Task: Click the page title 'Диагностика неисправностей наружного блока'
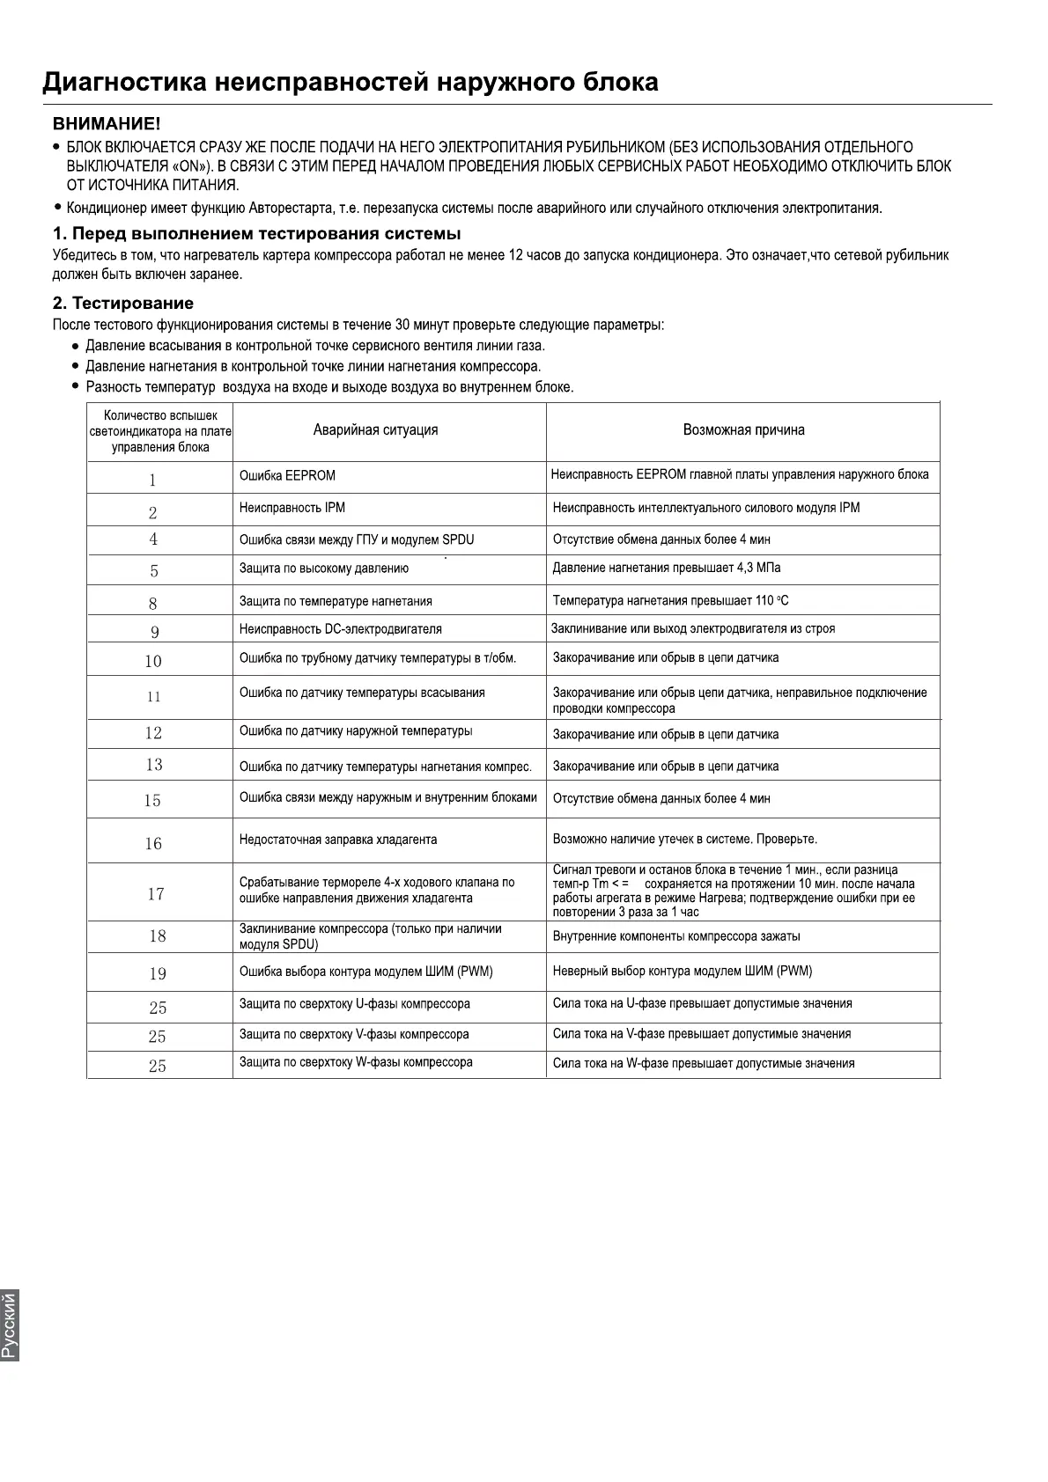click(x=351, y=83)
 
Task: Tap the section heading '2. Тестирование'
click(x=123, y=304)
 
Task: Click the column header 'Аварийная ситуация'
click(x=375, y=430)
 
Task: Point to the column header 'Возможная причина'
click(x=743, y=430)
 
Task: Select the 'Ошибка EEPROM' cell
click(x=287, y=476)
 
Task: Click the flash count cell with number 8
click(x=153, y=604)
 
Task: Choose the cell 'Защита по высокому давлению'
click(x=324, y=569)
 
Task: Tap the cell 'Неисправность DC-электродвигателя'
click(x=341, y=629)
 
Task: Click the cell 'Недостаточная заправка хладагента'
click(x=338, y=840)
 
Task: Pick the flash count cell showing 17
click(x=156, y=894)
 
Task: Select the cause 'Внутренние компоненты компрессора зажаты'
click(x=676, y=936)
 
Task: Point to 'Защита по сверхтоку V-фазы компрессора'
click(x=354, y=1034)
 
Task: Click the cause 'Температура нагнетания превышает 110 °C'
click(x=671, y=601)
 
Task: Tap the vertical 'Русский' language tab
click(x=10, y=1324)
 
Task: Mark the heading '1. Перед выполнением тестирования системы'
click(x=257, y=234)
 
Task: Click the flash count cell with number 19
click(x=158, y=973)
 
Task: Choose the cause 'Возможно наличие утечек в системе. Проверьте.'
click(x=685, y=840)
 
